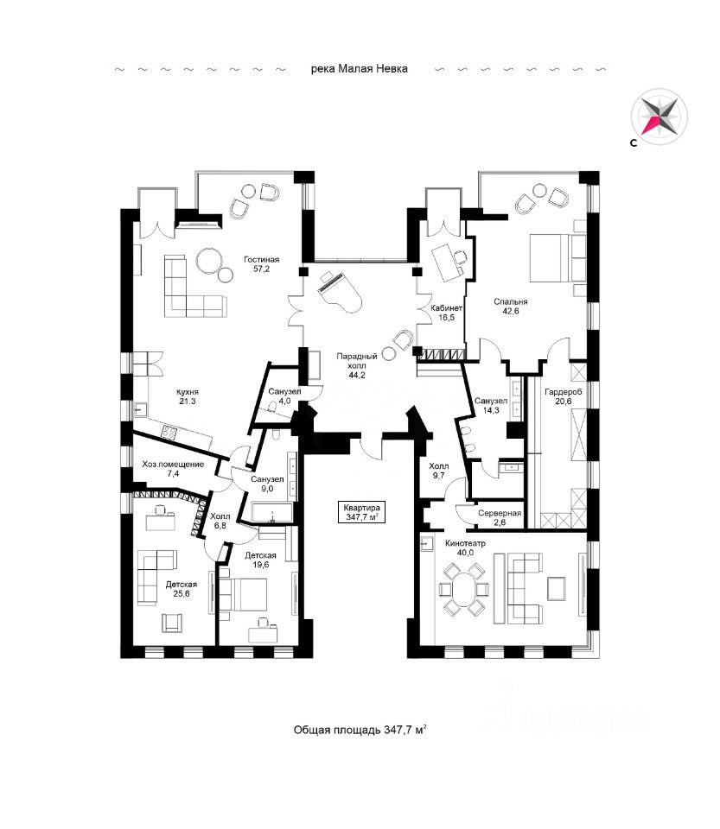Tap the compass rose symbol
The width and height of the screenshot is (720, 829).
659,117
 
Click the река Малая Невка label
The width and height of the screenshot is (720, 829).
360,69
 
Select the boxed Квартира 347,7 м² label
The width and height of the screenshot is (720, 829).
362,512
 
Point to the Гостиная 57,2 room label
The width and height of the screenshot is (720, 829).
261,264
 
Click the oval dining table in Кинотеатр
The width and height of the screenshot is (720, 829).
464,589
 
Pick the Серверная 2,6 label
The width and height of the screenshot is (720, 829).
500,517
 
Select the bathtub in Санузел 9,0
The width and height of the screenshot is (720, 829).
272,513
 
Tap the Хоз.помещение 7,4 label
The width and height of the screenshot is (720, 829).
173,469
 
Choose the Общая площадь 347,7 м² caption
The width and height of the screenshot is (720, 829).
360,730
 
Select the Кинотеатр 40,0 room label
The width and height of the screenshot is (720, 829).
466,547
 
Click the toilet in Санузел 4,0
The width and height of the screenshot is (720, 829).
273,407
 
